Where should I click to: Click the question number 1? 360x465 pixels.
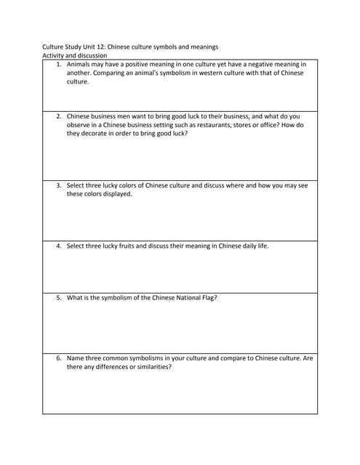pyautogui.click(x=59, y=64)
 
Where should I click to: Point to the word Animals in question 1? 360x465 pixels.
pyautogui.click(x=79, y=64)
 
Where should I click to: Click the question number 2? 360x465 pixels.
pyautogui.click(x=59, y=116)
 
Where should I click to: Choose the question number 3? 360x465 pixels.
pyautogui.click(x=59, y=185)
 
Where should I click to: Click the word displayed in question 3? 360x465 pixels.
pyautogui.click(x=118, y=194)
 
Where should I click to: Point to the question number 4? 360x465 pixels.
pyautogui.click(x=59, y=246)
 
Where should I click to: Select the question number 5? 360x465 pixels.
pyautogui.click(x=59, y=298)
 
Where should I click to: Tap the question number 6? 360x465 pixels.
pyautogui.click(x=59, y=358)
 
